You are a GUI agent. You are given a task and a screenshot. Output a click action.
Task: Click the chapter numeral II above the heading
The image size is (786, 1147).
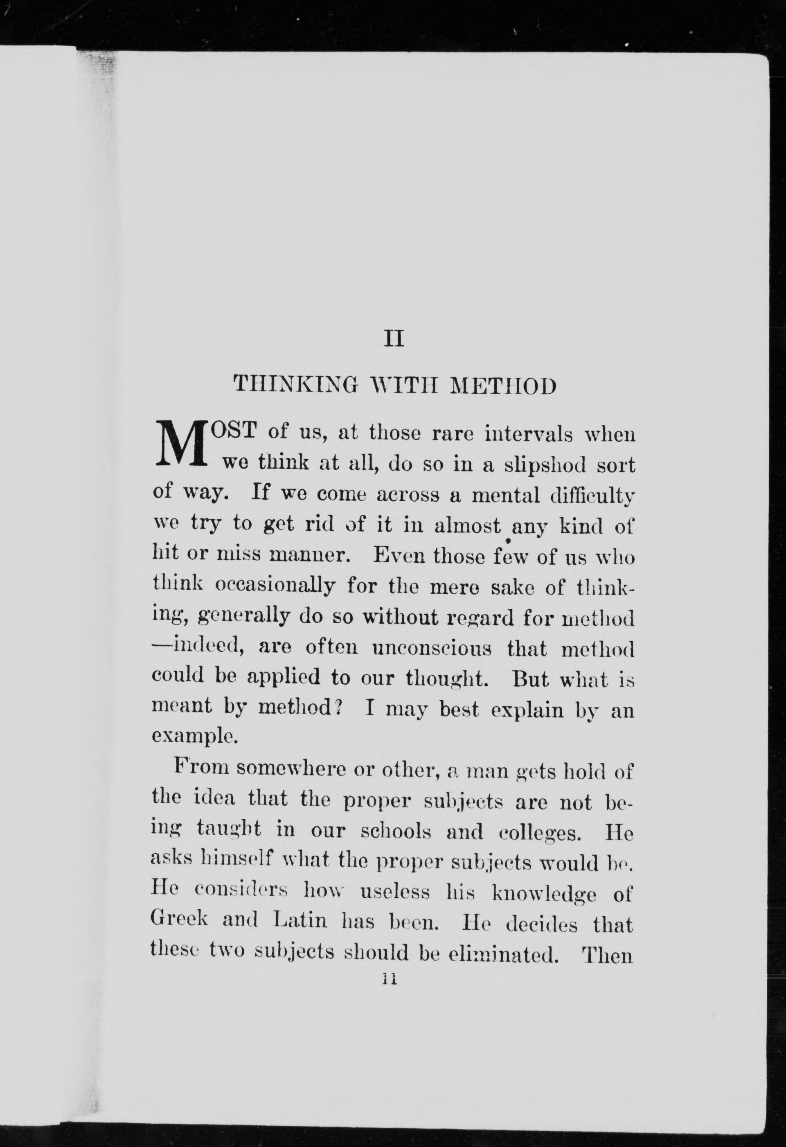(393, 340)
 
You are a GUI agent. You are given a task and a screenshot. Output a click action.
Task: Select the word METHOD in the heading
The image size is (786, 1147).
(504, 385)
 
